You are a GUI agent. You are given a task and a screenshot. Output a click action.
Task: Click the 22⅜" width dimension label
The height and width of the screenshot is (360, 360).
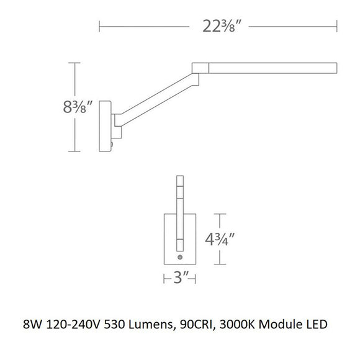click(217, 26)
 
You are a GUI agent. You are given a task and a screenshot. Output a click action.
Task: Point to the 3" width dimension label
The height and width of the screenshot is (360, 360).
click(180, 281)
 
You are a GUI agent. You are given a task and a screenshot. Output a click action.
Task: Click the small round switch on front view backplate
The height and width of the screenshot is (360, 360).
click(180, 256)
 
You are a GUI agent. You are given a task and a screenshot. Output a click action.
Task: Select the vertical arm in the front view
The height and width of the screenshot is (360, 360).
click(179, 211)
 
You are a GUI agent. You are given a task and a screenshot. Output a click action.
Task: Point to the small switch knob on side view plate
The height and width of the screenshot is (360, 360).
click(112, 145)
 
